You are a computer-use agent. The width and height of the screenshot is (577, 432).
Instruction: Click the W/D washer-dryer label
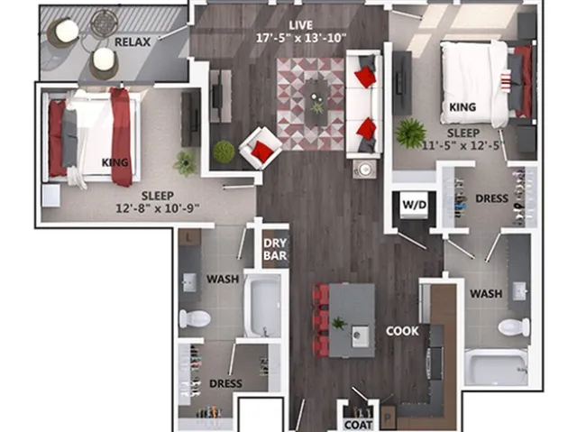415,205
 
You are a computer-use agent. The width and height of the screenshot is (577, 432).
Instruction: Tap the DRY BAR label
275,250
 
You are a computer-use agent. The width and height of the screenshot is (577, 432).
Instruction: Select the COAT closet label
359,425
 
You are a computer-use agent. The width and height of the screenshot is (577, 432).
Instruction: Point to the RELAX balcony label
133,42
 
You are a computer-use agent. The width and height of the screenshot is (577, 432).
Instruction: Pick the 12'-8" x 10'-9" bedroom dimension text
158,208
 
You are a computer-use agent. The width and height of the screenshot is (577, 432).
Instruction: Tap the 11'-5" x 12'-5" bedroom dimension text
463,145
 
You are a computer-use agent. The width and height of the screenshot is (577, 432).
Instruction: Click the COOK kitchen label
402,331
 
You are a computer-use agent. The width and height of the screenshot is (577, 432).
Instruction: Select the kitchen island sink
360,336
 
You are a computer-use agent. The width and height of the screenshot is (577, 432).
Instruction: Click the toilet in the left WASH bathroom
195,318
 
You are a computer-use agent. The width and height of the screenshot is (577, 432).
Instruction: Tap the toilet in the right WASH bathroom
514,326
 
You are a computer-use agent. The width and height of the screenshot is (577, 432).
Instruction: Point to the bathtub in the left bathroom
262,305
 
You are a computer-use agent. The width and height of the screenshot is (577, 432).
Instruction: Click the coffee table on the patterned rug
316,102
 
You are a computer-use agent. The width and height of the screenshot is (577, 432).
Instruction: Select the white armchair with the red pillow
261,148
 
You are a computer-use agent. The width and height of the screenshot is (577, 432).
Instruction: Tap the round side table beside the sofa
364,170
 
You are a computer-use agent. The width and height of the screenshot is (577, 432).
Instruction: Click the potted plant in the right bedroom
410,133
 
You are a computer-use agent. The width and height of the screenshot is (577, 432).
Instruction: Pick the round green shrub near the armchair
224,152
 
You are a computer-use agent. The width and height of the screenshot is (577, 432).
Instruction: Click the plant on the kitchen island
339,324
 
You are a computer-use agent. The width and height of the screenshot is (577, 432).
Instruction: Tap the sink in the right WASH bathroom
519,291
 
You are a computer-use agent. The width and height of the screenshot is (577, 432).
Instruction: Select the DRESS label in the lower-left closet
225,384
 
